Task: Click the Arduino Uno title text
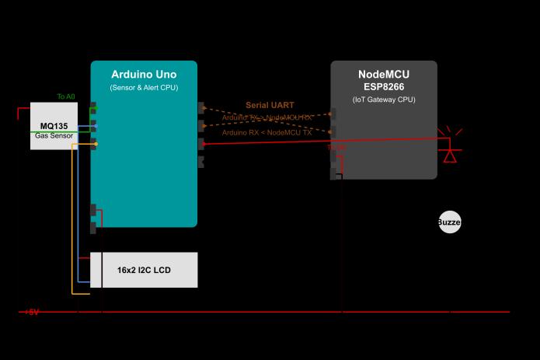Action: [x=144, y=74]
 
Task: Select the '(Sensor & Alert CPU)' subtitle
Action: [x=144, y=88]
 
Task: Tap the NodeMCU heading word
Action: [x=384, y=75]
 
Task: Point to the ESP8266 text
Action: [x=384, y=86]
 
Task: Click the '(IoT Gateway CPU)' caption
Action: [x=384, y=100]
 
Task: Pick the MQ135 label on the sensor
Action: [x=54, y=125]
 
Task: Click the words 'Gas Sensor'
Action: [x=54, y=136]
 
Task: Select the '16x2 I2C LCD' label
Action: [x=144, y=271]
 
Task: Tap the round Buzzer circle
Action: [x=449, y=222]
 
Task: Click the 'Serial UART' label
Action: [x=270, y=105]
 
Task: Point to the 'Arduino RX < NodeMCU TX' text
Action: [x=267, y=133]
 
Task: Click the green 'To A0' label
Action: [x=66, y=96]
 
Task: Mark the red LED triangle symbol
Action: [x=449, y=156]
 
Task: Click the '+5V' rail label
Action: [x=31, y=312]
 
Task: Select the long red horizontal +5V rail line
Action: [x=272, y=312]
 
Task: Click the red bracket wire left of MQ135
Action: [x=18, y=114]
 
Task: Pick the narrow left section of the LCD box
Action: [x=96, y=271]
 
